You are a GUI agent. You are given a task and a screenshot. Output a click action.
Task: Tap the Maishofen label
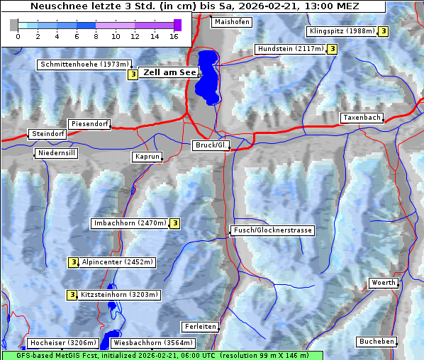point(231,22)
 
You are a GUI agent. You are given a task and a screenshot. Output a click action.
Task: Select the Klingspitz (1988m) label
point(341,31)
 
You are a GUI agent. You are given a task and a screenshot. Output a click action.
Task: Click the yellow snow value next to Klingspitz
point(383,31)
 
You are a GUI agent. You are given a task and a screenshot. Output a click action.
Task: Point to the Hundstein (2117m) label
point(290,49)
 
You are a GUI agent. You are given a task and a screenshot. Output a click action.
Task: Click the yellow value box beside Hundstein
point(332,49)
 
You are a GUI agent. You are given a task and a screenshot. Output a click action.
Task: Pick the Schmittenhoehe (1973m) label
point(79,64)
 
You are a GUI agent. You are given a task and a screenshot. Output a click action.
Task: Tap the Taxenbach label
point(362,118)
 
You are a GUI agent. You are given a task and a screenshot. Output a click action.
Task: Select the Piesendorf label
point(89,124)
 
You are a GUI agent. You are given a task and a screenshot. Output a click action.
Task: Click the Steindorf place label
point(48,134)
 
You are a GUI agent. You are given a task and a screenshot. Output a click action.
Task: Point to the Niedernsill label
point(56,153)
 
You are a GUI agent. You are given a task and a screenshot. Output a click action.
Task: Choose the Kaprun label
point(147,157)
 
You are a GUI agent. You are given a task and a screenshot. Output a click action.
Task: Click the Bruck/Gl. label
point(211,145)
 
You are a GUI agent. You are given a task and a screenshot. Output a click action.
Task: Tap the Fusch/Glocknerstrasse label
point(272,230)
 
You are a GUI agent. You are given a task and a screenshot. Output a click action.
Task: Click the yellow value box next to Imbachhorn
point(174,223)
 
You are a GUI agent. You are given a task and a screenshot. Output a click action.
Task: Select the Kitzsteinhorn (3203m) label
point(120,295)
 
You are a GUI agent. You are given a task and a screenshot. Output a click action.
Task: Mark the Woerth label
point(384,283)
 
